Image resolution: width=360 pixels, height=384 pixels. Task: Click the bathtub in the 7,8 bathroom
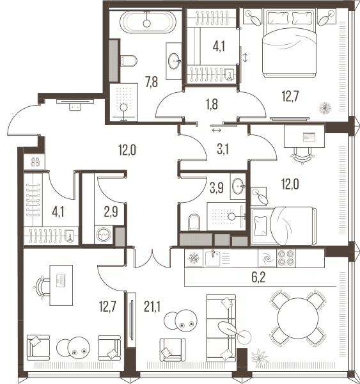(x=147, y=22)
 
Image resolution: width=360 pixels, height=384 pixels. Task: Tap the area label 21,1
(x=152, y=307)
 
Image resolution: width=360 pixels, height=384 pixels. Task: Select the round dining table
(x=298, y=318)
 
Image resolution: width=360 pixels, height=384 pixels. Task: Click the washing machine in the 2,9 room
(x=104, y=235)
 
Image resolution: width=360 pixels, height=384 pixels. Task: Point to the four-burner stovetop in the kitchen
(x=286, y=258)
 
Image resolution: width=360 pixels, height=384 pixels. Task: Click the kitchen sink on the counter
(x=213, y=258)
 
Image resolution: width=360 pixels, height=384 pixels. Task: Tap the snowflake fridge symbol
(x=194, y=258)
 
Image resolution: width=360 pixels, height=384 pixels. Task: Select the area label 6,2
(x=258, y=278)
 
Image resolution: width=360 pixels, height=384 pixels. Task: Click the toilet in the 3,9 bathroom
(x=194, y=222)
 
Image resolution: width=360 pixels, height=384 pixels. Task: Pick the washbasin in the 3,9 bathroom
(x=239, y=186)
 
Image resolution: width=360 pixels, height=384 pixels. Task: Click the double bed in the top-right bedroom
(x=290, y=44)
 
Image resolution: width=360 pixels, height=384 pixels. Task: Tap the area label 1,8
(x=212, y=104)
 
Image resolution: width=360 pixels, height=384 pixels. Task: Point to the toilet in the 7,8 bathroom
(x=129, y=61)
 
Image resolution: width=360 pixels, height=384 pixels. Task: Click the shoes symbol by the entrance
(x=35, y=162)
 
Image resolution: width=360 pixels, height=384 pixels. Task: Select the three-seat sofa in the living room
(x=221, y=328)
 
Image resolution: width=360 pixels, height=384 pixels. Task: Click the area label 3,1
(x=223, y=150)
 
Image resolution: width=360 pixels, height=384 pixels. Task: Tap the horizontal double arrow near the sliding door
(x=217, y=131)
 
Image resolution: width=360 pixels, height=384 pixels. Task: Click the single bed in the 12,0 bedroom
(x=284, y=226)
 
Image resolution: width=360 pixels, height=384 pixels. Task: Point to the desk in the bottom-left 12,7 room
(x=61, y=285)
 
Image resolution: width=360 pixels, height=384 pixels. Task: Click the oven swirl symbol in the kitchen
(x=267, y=258)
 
